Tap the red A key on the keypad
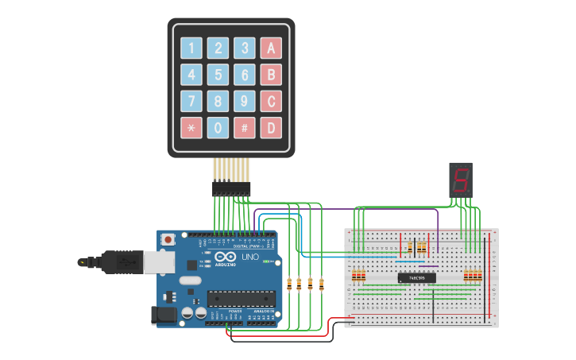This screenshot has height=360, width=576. click(x=272, y=48)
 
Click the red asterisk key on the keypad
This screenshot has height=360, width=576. click(x=191, y=127)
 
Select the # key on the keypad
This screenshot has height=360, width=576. click(x=245, y=127)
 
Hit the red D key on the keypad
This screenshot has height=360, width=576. click(x=272, y=127)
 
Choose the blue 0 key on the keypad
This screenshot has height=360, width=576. click(x=218, y=127)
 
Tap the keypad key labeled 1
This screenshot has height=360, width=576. click(x=191, y=48)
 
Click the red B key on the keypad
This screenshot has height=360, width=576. click(x=272, y=75)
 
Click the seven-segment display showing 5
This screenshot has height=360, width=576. click(x=460, y=180)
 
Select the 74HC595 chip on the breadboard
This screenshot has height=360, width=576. click(x=416, y=277)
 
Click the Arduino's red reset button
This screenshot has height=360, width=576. click(x=168, y=239)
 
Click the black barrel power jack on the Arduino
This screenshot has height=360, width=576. click(x=166, y=315)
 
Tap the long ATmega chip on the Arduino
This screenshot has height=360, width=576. click(x=241, y=298)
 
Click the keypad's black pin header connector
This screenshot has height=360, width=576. click(x=231, y=188)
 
